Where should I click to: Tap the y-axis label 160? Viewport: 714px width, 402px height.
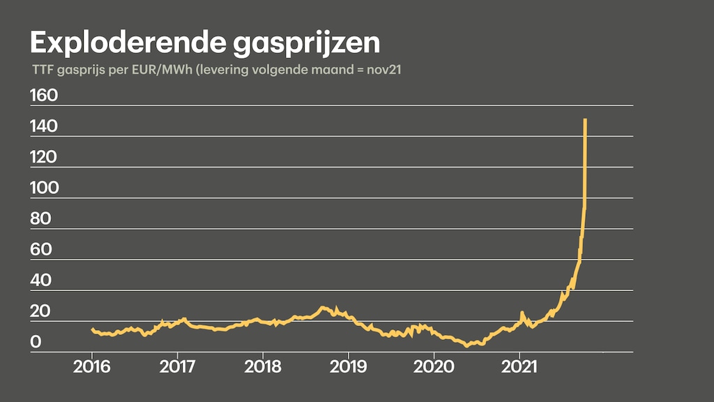click(x=43, y=96)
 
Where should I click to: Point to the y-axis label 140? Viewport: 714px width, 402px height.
click(x=43, y=127)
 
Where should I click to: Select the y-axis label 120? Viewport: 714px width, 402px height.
click(x=43, y=158)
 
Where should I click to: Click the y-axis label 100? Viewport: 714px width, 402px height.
click(x=43, y=188)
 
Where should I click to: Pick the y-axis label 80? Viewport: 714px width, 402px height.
click(x=42, y=219)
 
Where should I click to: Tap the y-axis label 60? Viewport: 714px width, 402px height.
click(x=42, y=250)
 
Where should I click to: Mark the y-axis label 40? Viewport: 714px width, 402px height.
click(x=42, y=281)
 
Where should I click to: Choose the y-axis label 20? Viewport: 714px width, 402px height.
click(x=42, y=311)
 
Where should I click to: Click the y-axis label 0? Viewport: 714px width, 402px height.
click(x=36, y=343)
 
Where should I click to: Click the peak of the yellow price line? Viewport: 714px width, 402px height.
click(x=585, y=120)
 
